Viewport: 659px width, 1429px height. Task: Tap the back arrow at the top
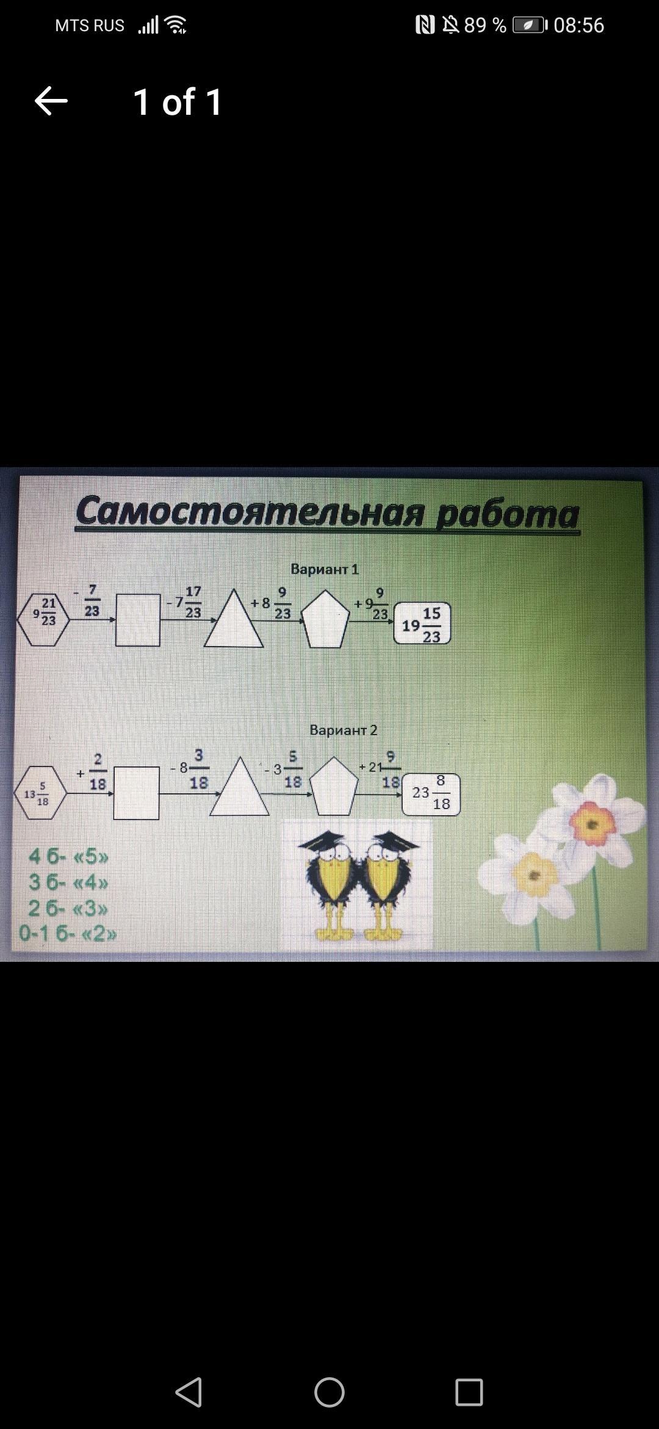point(51,101)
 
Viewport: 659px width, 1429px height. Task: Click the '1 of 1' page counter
point(178,102)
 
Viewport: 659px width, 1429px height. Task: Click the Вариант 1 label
point(325,569)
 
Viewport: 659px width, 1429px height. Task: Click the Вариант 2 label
point(344,730)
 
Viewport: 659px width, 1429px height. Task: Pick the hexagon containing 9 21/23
point(43,619)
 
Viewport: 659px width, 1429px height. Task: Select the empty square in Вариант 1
point(138,620)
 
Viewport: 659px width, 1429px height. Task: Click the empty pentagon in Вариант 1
point(326,620)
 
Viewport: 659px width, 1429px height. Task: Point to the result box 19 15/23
point(422,624)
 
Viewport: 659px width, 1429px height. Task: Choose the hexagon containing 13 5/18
point(40,793)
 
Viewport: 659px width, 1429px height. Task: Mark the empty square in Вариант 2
point(137,793)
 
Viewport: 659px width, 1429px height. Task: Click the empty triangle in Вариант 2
point(240,791)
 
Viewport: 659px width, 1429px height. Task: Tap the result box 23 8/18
point(431,794)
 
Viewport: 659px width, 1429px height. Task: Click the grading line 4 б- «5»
point(68,857)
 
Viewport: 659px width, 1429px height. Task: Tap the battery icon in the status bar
point(529,25)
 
